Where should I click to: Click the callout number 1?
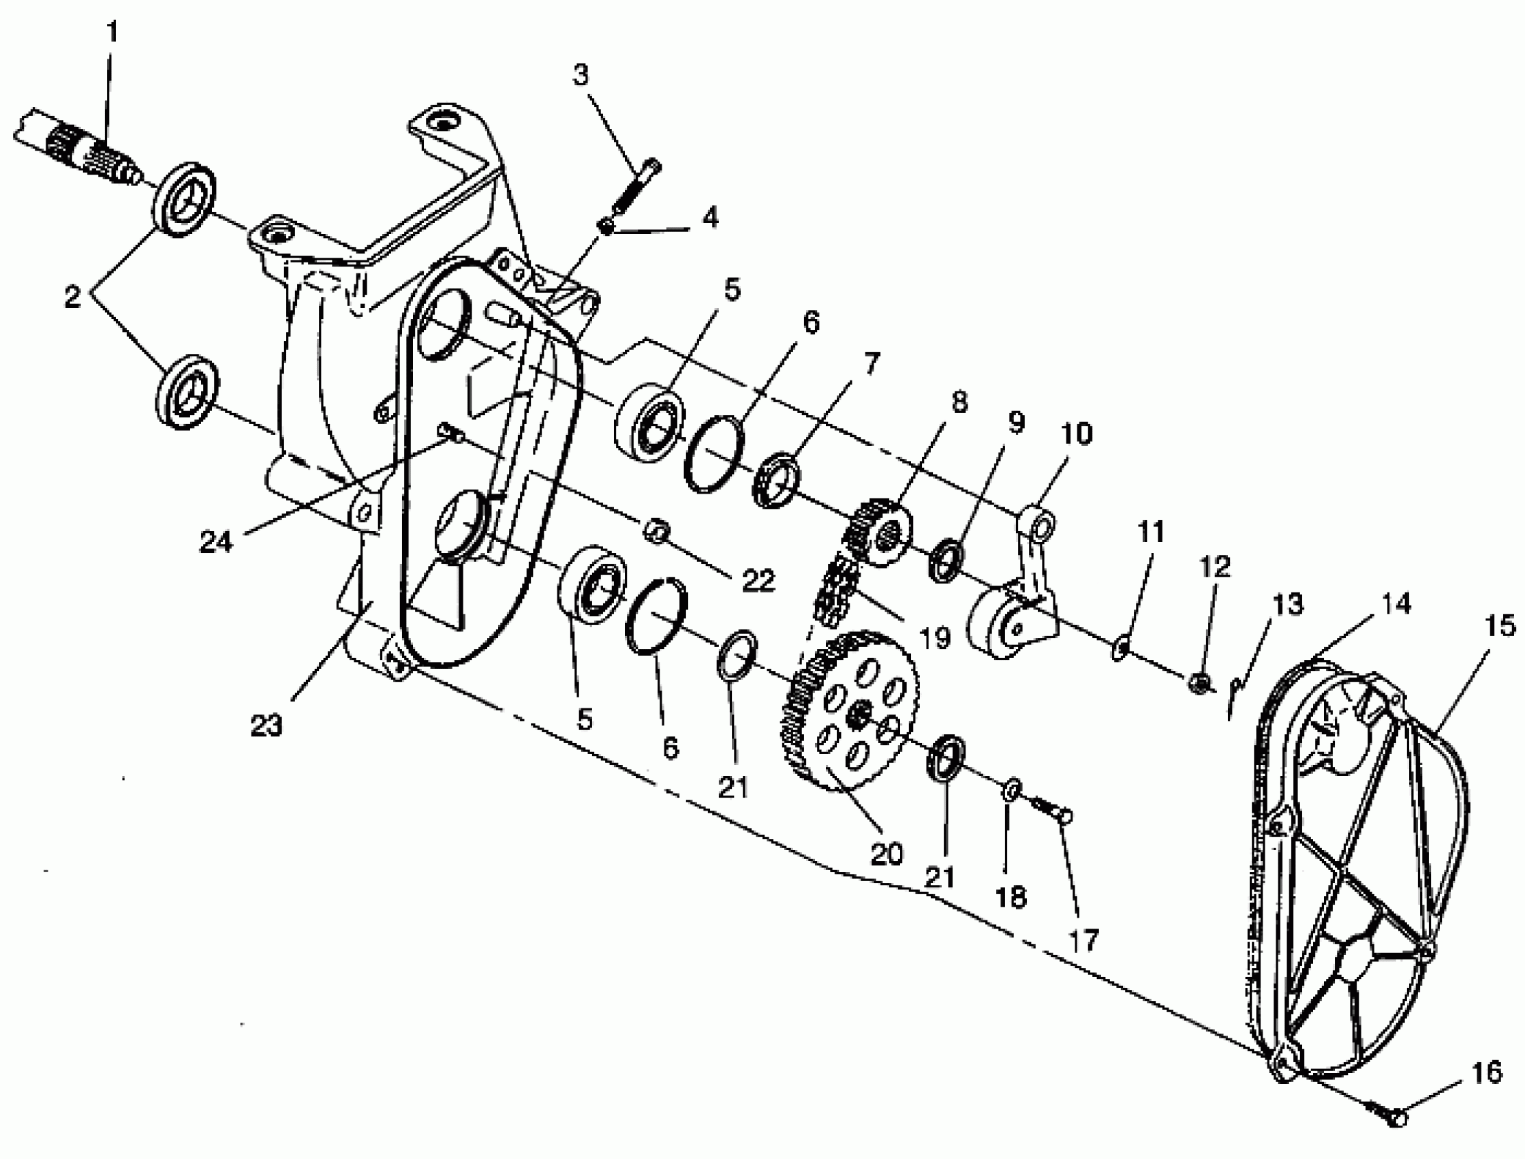click(112, 33)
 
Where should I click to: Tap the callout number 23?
click(266, 725)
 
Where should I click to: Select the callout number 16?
click(1486, 1073)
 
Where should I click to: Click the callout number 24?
click(216, 541)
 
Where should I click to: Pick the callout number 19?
click(935, 638)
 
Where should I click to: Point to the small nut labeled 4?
click(606, 225)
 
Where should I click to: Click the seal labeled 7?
click(776, 480)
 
